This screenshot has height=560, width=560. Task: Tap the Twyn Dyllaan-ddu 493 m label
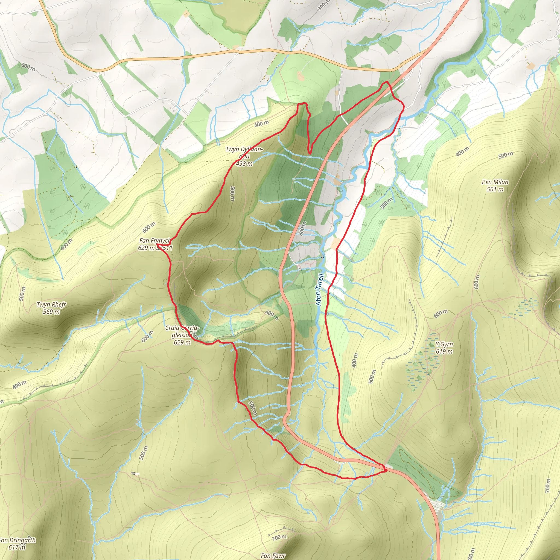244,156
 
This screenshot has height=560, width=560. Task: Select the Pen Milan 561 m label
495,185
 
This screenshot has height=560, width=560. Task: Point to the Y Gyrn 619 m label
444,348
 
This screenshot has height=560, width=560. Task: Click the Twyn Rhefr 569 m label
51,308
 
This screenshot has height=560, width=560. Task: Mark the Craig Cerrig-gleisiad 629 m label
182,335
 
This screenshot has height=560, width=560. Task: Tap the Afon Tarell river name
319,290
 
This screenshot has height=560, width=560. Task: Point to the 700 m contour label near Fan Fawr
279,537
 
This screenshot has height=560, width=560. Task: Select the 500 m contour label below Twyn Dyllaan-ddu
232,194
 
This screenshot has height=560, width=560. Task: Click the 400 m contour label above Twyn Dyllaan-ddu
261,124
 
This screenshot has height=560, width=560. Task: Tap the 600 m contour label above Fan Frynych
149,227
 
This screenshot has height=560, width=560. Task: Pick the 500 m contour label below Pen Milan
506,155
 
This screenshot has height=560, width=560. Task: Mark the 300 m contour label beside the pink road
302,229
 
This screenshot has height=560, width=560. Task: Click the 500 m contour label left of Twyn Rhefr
22,294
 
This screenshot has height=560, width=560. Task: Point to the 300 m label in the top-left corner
28,67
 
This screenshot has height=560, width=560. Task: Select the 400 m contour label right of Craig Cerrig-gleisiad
272,315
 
